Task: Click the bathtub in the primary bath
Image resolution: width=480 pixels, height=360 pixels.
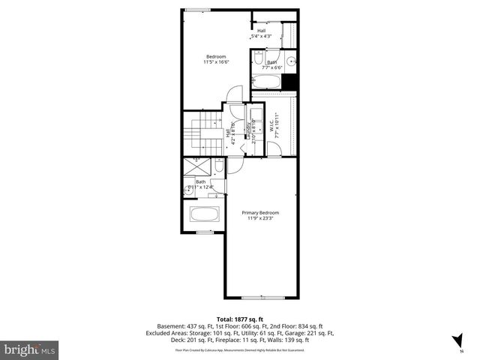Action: (x=204, y=214)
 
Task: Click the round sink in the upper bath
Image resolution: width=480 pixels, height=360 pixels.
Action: (x=291, y=60)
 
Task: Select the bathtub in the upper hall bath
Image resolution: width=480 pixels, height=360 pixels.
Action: (x=266, y=80)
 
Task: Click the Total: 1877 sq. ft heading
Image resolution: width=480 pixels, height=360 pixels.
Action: (x=239, y=319)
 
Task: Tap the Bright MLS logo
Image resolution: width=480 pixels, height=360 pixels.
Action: (x=29, y=349)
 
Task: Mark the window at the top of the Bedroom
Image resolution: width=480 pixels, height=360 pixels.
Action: (x=198, y=10)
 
